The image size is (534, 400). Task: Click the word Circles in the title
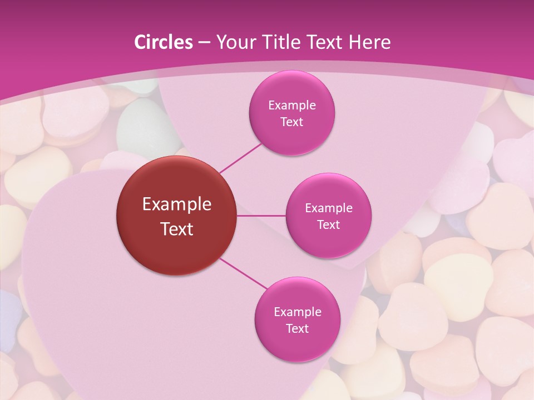164,42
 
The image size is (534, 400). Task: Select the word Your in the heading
233,42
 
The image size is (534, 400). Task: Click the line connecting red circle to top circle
240,157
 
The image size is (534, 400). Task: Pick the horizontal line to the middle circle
261,216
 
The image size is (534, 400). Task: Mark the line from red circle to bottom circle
243,274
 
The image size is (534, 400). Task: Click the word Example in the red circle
177,204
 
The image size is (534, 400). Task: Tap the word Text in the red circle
177,228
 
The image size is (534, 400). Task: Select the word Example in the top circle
292,106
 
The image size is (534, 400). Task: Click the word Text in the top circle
292,122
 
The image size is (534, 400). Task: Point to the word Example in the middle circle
329,208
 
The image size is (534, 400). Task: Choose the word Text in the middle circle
329,225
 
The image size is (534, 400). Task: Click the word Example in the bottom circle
298,312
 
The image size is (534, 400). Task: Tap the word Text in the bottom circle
298,329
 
